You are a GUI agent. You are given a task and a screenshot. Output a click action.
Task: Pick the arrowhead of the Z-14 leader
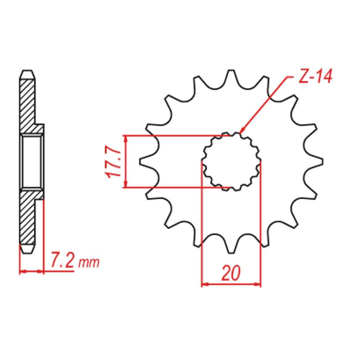242,131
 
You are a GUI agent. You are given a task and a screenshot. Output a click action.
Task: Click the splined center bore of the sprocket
231,162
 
